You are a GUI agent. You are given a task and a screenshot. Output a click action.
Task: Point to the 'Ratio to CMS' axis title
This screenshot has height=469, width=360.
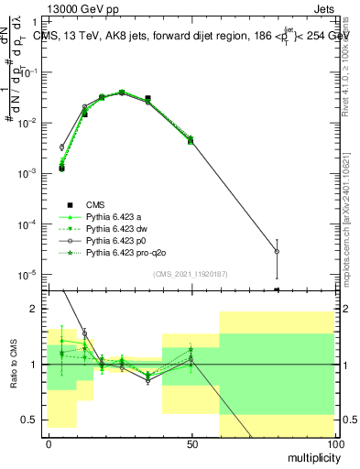(x=13, y=363)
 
